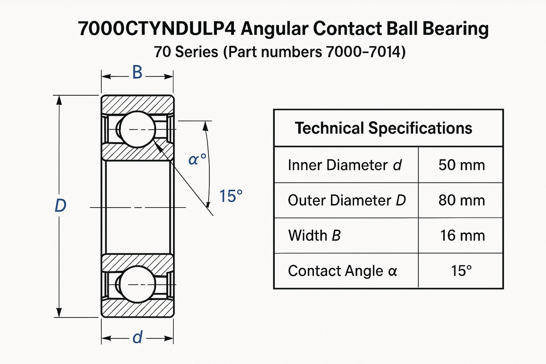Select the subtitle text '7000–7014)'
click(365, 52)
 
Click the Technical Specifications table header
click(383, 128)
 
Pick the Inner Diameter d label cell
click(345, 165)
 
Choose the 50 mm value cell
click(461, 165)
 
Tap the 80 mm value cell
click(461, 200)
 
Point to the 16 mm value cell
click(462, 235)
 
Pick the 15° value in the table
click(461, 271)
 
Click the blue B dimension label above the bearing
click(137, 73)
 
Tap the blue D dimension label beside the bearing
click(60, 206)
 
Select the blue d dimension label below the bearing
click(138, 337)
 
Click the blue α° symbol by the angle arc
click(197, 160)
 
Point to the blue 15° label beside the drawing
click(231, 196)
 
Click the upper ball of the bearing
click(137, 130)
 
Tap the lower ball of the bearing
click(137, 284)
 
